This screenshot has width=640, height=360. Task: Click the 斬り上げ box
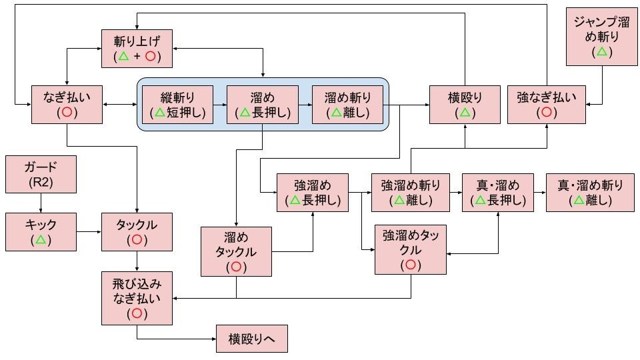point(137,49)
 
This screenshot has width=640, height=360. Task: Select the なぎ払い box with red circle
point(67,105)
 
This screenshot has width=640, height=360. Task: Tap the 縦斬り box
point(178,105)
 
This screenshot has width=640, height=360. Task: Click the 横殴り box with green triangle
point(464,105)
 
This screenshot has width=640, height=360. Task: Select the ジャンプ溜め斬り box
point(601,37)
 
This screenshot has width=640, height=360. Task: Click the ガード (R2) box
point(41,173)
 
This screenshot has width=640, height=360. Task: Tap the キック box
point(41,232)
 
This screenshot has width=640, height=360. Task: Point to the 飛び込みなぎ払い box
point(136,298)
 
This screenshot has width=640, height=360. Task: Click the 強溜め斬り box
point(410,192)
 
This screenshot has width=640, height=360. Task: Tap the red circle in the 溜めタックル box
point(236,267)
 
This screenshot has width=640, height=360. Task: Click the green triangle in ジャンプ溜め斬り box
point(601,51)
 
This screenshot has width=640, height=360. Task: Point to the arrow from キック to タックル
point(88,232)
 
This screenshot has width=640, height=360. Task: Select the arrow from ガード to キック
point(41,202)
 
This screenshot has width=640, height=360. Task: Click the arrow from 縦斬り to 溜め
point(220,105)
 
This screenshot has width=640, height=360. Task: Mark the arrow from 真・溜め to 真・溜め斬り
point(539,192)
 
